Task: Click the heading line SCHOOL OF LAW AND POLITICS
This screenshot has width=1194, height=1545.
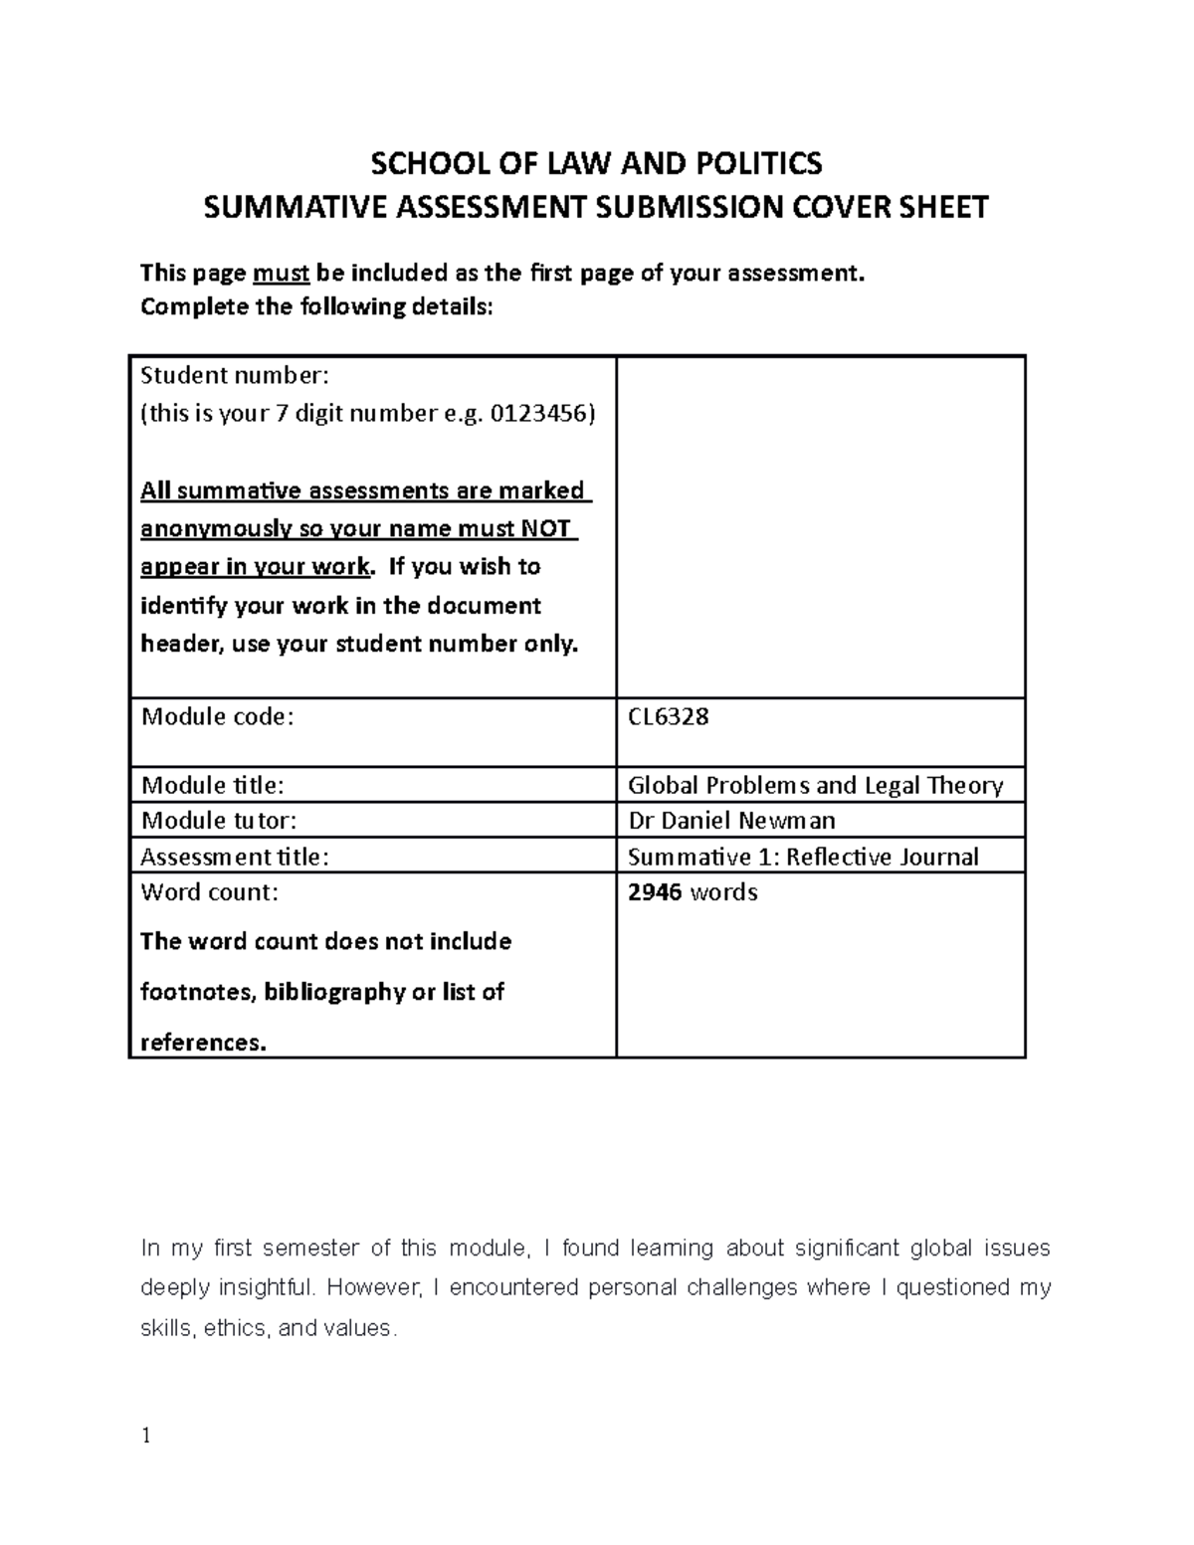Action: [596, 162]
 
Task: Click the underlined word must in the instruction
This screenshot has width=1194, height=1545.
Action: [282, 274]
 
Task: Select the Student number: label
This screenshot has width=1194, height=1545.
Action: [234, 375]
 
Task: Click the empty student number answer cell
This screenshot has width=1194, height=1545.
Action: [820, 527]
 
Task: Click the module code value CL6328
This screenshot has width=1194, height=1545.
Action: [668, 716]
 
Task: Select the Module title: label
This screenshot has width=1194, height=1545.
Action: [212, 785]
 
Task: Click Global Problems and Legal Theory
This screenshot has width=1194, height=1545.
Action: [815, 785]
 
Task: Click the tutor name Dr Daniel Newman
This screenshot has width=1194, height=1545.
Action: [731, 820]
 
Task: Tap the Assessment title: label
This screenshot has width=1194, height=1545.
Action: [234, 857]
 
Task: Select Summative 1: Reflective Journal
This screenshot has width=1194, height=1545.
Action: [803, 857]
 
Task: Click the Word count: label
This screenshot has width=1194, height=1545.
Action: [210, 892]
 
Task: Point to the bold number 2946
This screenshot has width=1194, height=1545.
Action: [655, 892]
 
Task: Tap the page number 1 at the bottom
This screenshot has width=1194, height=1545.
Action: [146, 1436]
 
